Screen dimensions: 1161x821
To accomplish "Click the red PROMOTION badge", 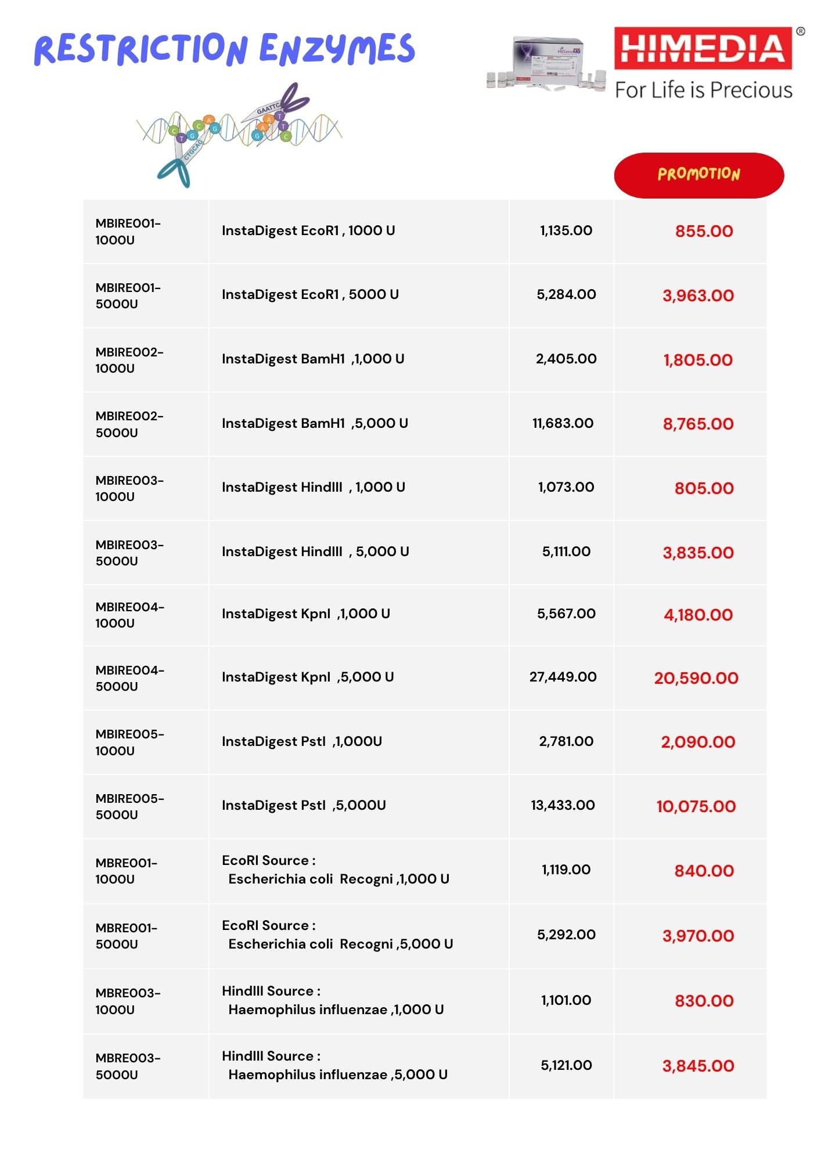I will pos(698,175).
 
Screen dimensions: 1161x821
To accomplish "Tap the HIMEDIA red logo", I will pos(703,48).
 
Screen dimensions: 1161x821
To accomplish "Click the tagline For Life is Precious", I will pos(703,91).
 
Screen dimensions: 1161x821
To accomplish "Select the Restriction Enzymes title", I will pos(225,49).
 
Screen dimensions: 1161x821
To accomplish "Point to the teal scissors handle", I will pos(175,172).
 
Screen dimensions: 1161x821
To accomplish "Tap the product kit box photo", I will pos(546,62).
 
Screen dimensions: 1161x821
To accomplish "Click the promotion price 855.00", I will pos(704,231).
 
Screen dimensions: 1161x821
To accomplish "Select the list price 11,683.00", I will pos(563,423).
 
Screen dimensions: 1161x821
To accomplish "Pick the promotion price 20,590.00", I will pos(696,678).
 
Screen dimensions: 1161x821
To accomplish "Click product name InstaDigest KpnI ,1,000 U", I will pos(306,614).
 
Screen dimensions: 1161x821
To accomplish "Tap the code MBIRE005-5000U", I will pos(129,806).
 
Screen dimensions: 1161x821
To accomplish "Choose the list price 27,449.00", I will pos(563,677).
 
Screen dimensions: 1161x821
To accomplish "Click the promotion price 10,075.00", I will pos(696,806).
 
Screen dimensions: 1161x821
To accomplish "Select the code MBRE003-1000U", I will pos(128,1001).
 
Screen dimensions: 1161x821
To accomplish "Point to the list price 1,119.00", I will pos(566,870).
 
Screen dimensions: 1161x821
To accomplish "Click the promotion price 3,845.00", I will pos(698,1066).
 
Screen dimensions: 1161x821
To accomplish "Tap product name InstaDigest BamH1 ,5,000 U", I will pos(315,423).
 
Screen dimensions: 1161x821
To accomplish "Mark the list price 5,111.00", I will pos(566,551).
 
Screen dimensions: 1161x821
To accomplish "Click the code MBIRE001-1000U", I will pos(128,232).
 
